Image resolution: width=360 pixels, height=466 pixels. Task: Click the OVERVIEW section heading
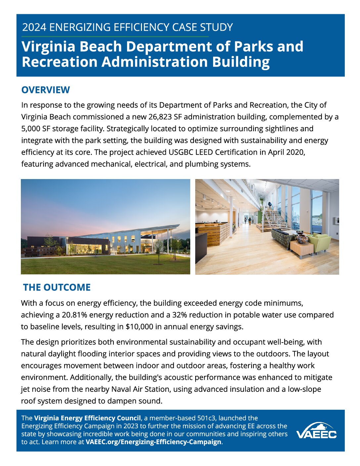45,90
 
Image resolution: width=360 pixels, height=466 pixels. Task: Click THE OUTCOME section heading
57,287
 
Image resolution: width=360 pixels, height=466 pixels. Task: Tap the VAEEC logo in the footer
316,431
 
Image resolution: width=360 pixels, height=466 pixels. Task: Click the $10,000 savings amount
139,327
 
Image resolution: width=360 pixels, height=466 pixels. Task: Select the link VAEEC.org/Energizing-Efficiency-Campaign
153,442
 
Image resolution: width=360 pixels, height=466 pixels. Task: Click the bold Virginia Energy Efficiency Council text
87,418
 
